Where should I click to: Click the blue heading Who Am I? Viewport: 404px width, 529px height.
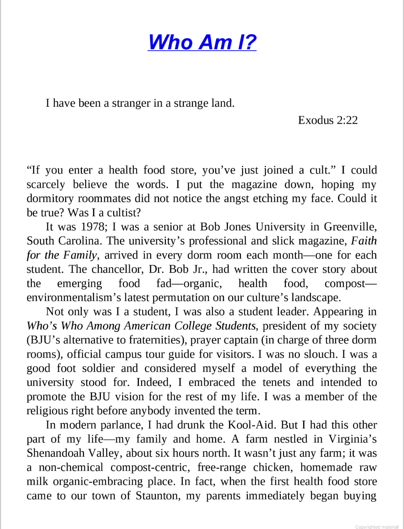(x=202, y=42)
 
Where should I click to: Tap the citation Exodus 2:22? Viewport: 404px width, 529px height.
(x=328, y=120)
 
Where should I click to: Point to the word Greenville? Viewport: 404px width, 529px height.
(x=350, y=227)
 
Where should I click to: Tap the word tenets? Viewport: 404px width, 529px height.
(x=276, y=382)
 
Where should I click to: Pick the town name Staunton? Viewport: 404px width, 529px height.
(x=158, y=496)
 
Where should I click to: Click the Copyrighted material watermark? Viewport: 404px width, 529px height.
(x=377, y=526)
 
